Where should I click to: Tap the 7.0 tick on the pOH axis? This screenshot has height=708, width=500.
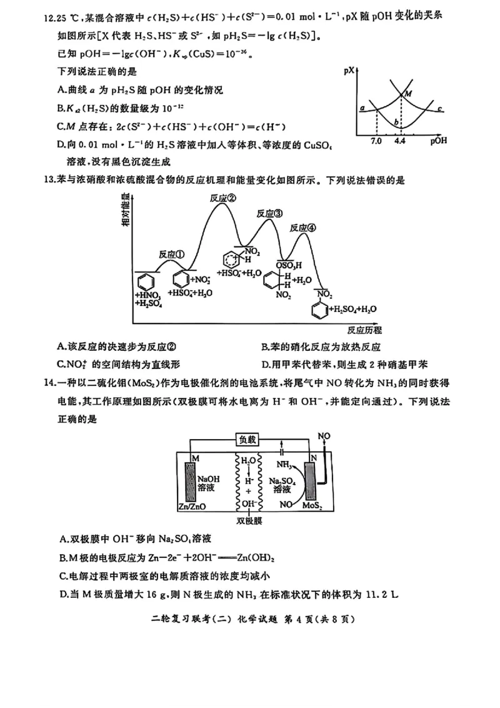tap(376, 141)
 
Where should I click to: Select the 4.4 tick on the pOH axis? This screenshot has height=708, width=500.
tap(400, 141)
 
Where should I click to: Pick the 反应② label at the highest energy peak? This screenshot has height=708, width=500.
tap(223, 198)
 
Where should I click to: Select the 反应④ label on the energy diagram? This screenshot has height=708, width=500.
tap(303, 227)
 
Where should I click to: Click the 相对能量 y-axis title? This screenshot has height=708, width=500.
tap(126, 216)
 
